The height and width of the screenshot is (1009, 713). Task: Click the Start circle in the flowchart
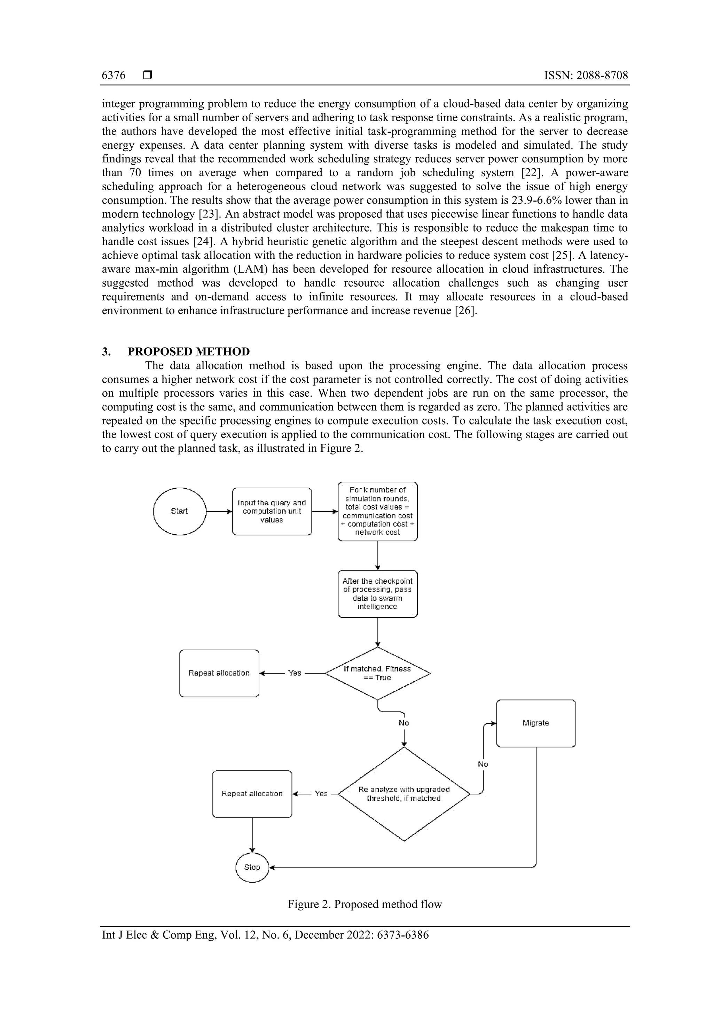[x=179, y=511]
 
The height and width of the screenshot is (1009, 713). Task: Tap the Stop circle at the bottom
[x=252, y=867]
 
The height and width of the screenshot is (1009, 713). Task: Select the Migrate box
[x=535, y=723]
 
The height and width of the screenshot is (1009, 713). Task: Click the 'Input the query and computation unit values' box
[x=272, y=511]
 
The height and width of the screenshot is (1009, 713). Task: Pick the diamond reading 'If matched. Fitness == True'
[x=377, y=673]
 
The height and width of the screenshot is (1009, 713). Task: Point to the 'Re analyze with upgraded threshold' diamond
[x=404, y=794]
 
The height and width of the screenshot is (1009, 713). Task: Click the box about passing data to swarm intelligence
[x=377, y=594]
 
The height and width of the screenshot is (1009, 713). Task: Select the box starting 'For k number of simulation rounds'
[x=377, y=511]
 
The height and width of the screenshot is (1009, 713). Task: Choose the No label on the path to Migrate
[x=483, y=764]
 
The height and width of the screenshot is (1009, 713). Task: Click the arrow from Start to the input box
[x=219, y=512]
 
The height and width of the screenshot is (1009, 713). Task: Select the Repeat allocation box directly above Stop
[x=252, y=794]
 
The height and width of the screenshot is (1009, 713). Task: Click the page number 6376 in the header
[x=113, y=76]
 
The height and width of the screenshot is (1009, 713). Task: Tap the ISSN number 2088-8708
[x=602, y=76]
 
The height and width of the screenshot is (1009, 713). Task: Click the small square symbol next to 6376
[x=148, y=76]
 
